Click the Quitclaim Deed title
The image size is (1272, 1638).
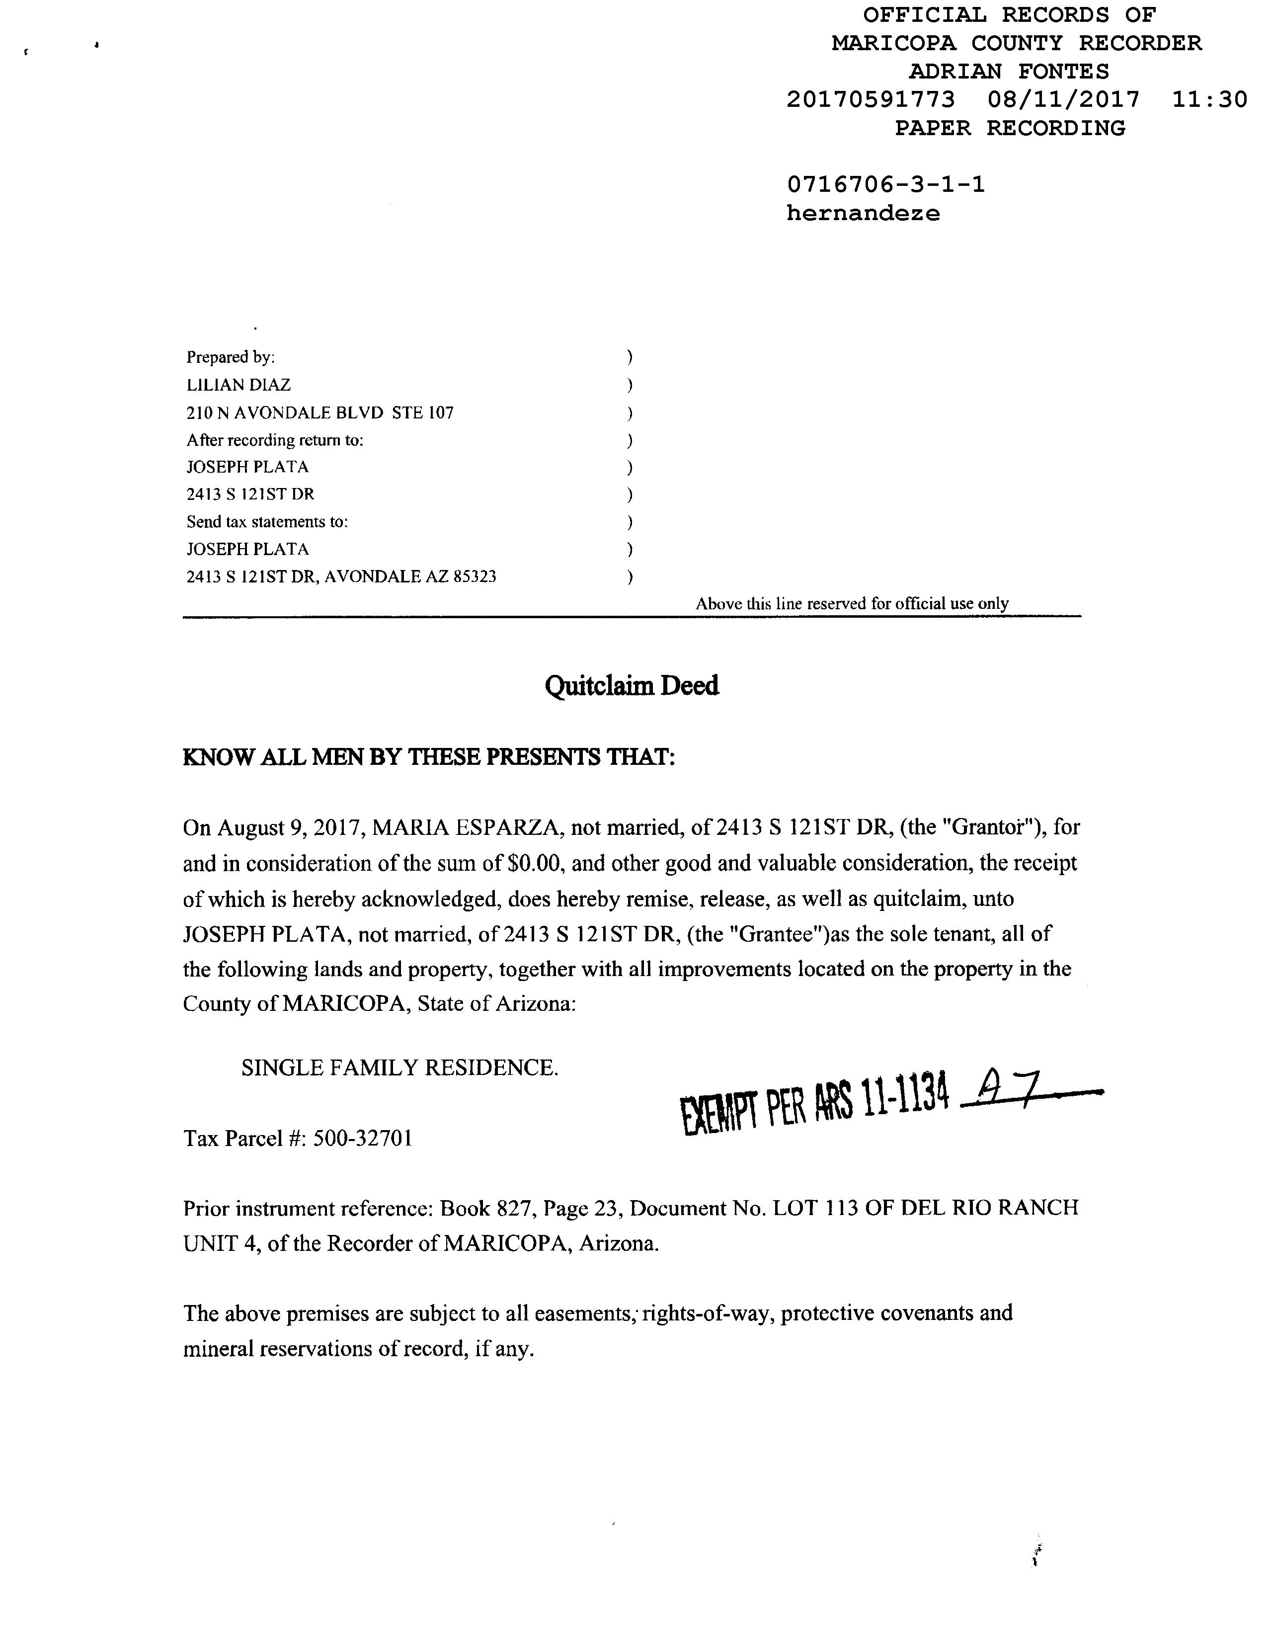click(632, 685)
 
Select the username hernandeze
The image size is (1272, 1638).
click(863, 214)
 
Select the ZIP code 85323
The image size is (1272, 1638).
click(476, 577)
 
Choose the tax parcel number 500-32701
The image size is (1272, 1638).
click(362, 1139)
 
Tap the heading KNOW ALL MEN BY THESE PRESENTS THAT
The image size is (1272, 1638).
click(429, 757)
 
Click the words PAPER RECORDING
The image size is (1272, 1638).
click(1010, 128)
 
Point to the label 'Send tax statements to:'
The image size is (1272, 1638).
click(267, 522)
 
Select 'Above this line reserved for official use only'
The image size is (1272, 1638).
click(852, 604)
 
